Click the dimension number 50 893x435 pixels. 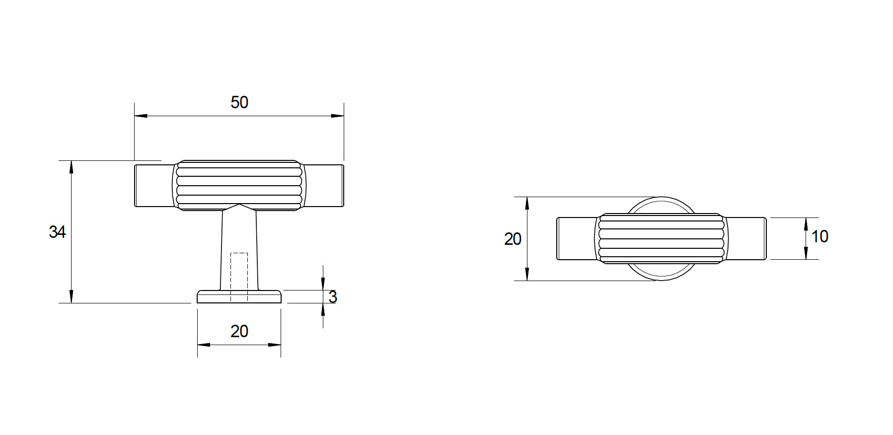(239, 102)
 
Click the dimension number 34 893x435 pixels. (58, 232)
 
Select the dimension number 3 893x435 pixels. (333, 297)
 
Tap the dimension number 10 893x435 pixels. (819, 236)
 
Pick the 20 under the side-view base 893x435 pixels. (239, 331)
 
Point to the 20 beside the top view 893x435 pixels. (513, 239)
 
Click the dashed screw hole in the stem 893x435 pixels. (239, 277)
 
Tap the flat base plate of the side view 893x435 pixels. (239, 296)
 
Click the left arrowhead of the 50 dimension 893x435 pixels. (141, 116)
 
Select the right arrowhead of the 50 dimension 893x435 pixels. (337, 116)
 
